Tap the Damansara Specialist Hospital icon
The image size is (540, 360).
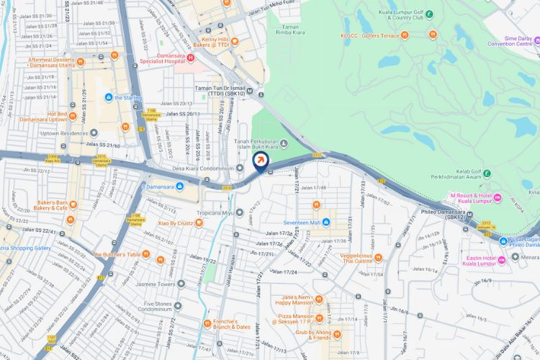pyautogui.click(x=191, y=57)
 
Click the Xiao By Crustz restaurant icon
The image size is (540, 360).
pyautogui.click(x=199, y=223)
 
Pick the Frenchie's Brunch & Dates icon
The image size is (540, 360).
pyautogui.click(x=207, y=323)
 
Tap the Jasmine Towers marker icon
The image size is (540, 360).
pyautogui.click(x=181, y=284)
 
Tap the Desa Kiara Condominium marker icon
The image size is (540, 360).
pyautogui.click(x=240, y=168)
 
